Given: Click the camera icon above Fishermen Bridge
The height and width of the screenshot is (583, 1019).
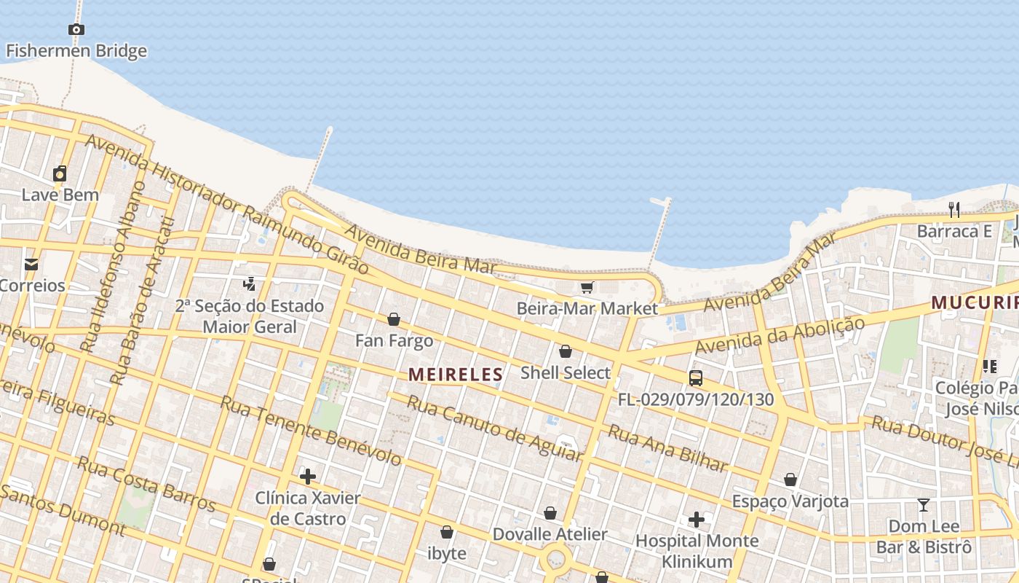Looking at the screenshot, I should (76, 30).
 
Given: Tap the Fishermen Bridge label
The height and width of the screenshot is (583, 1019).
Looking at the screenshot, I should (76, 51).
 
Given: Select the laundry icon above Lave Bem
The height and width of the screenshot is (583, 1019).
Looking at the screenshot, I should (60, 173).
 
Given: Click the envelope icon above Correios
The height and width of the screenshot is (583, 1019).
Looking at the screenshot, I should (31, 264).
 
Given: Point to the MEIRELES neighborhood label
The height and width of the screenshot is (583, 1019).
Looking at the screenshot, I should (456, 375).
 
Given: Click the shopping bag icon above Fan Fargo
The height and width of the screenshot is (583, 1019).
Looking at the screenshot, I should (394, 319).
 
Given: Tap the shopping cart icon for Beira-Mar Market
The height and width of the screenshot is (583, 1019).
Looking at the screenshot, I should (587, 287).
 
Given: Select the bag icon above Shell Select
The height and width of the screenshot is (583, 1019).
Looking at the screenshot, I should (566, 351).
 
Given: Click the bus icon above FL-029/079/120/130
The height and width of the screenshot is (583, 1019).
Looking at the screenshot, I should (696, 377).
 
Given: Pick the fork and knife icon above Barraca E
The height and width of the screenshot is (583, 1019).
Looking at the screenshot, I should (953, 210).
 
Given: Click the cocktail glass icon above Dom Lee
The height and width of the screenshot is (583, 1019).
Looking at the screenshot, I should (924, 504).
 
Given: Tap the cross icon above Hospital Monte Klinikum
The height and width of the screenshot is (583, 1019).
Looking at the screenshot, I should (697, 520).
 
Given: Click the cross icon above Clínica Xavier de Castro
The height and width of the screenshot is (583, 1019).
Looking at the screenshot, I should (308, 477).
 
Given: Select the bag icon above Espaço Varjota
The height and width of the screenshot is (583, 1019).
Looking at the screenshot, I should (790, 480).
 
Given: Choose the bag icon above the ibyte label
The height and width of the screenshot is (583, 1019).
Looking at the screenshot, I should (447, 532).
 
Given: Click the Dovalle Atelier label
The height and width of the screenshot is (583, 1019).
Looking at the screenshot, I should (550, 534).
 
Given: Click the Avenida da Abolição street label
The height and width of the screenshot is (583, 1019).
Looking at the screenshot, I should (780, 335).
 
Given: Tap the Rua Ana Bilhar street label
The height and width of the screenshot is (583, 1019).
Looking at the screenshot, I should (667, 448).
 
